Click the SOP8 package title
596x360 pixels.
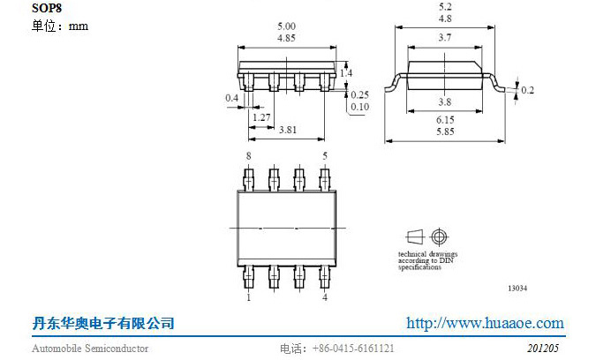click(x=47, y=8)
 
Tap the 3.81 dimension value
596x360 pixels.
click(x=288, y=130)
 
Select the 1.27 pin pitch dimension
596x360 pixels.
click(x=261, y=117)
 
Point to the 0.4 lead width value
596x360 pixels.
click(x=232, y=98)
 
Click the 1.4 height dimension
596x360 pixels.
click(x=346, y=73)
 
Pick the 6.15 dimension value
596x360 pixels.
click(x=445, y=120)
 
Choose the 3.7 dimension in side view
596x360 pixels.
click(x=445, y=37)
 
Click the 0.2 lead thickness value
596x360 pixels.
click(x=528, y=90)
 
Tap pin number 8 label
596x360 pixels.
click(x=249, y=155)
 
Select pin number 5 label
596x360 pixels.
click(x=325, y=155)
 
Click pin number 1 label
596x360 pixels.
click(x=249, y=297)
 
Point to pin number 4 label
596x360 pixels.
click(x=325, y=297)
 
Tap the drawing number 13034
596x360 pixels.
click(x=517, y=289)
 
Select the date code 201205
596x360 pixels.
click(x=543, y=349)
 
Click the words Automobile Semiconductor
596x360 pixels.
click(x=90, y=349)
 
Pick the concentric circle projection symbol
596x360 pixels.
click(x=439, y=237)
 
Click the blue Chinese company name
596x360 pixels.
click(x=103, y=324)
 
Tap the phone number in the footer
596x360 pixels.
click(x=353, y=349)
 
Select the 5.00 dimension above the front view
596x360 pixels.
click(x=286, y=26)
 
